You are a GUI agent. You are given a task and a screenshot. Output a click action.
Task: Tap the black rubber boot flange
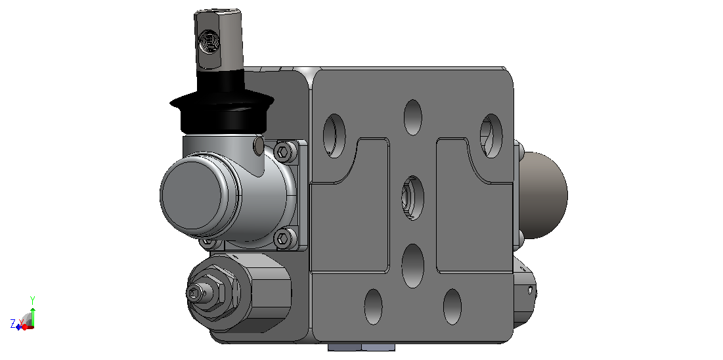click(x=222, y=101)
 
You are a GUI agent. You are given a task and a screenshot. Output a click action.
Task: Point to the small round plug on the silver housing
click(x=259, y=146)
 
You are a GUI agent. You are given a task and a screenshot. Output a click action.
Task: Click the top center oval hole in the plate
click(x=413, y=117)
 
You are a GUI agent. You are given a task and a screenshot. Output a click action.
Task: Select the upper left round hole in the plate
click(x=334, y=136)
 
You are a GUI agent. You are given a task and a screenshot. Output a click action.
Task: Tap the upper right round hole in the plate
click(x=491, y=136)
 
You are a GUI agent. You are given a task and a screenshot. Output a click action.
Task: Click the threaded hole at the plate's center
click(x=412, y=198)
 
